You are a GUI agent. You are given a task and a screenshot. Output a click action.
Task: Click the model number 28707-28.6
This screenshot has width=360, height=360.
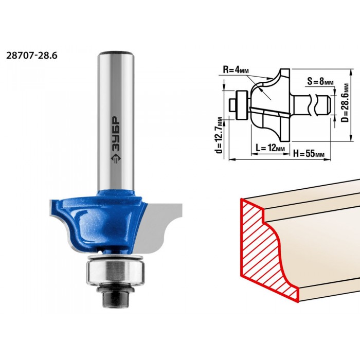click(x=32, y=56)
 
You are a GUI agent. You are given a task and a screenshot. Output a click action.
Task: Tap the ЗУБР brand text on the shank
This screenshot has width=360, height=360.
click(x=116, y=134)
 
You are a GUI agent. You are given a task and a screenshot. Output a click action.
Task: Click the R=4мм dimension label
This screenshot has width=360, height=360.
click(x=236, y=69)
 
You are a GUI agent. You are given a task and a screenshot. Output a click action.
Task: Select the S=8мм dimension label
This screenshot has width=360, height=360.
click(x=320, y=81)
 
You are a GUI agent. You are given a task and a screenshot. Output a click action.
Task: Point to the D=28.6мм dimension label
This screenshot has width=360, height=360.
click(x=345, y=103)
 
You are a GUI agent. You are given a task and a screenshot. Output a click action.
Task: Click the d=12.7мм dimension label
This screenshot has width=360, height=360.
click(x=219, y=135)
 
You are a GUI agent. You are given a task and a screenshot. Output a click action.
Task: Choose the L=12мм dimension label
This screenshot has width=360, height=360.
click(x=270, y=148)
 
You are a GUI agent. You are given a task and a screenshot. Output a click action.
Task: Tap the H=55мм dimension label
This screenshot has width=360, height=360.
click(x=309, y=154)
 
